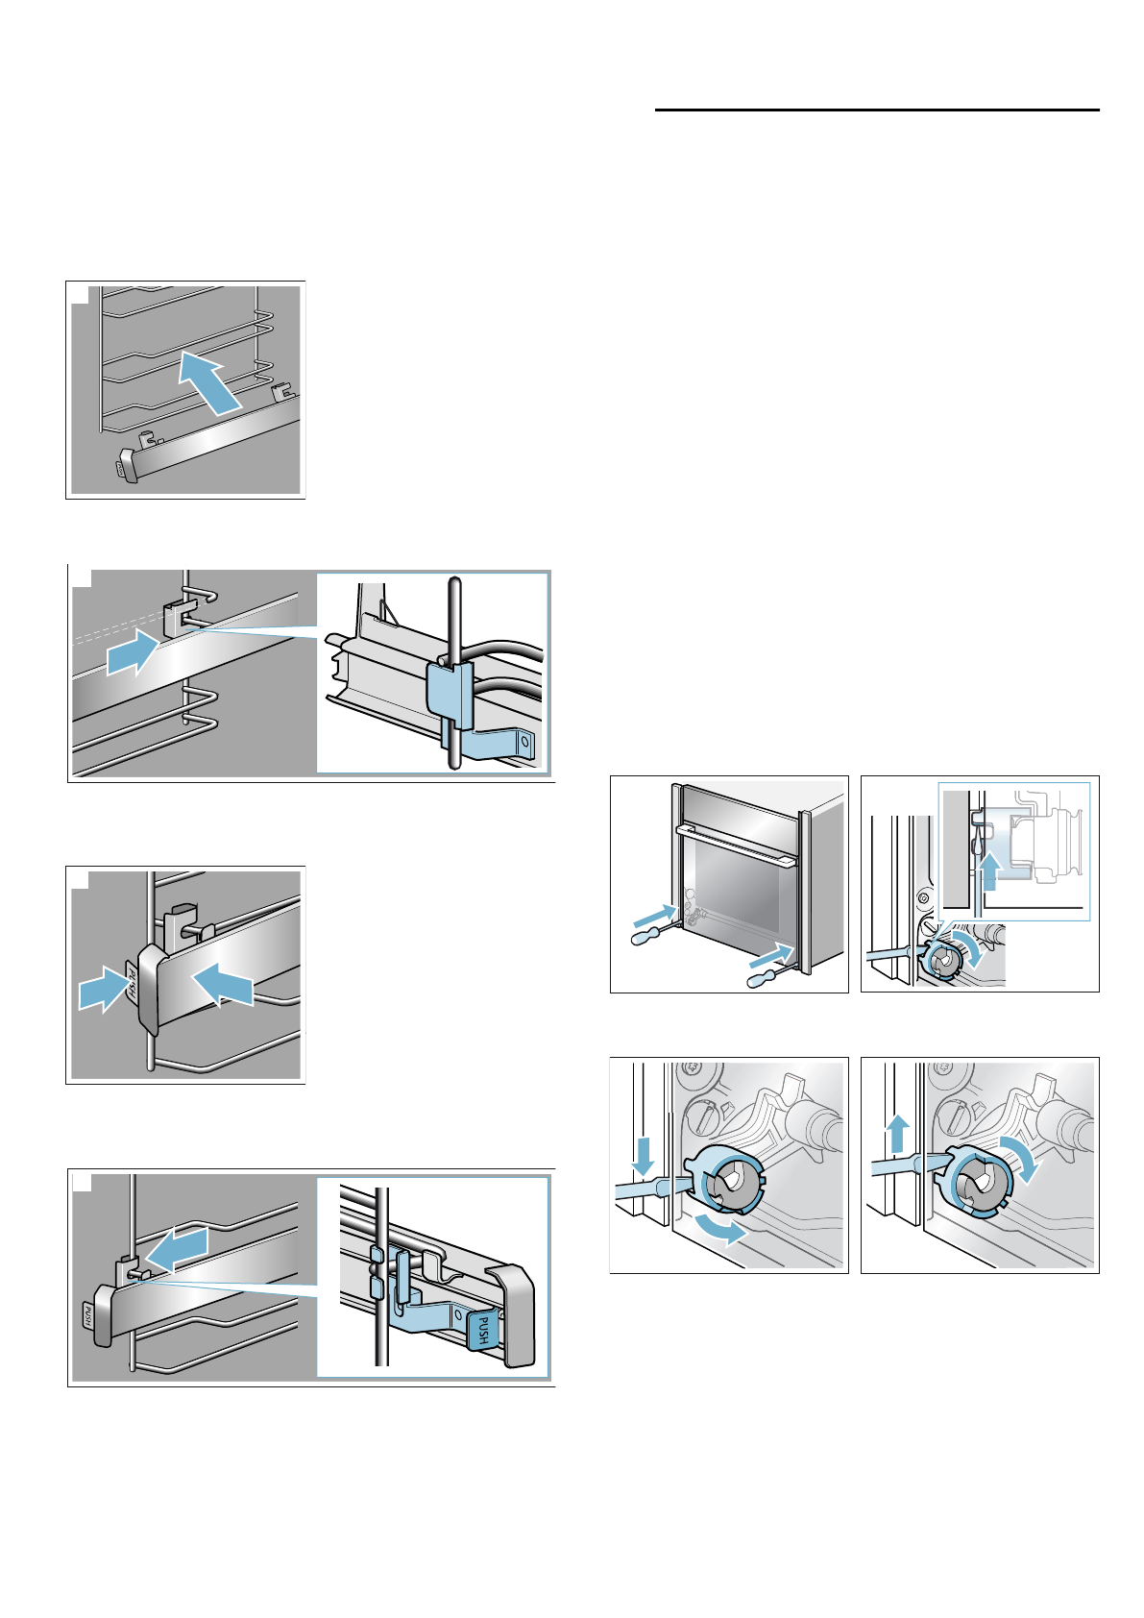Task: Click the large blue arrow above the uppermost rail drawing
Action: (209, 381)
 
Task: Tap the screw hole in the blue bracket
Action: (523, 743)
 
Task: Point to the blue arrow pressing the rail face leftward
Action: (224, 985)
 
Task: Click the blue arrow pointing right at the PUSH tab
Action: (100, 990)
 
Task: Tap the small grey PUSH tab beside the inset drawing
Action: (86, 1315)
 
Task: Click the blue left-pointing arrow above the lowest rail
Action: (174, 1248)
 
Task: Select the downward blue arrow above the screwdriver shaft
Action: (644, 1155)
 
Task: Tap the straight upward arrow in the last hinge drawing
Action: (896, 1134)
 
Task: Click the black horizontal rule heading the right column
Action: (877, 110)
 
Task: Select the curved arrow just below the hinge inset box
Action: (972, 950)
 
